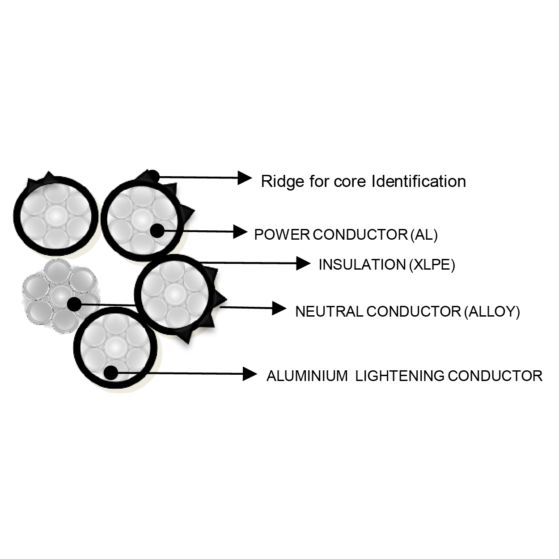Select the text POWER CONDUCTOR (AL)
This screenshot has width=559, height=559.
pyautogui.click(x=346, y=234)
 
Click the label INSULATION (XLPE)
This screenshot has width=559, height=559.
pyautogui.click(x=386, y=265)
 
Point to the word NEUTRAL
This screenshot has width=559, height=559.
pyautogui.click(x=329, y=311)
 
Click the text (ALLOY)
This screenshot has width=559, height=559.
pyautogui.click(x=492, y=311)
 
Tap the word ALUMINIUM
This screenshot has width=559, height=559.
pyautogui.click(x=307, y=376)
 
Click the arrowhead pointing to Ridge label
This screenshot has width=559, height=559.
pyautogui.click(x=244, y=178)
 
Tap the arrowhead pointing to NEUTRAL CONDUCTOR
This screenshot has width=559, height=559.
pyautogui.click(x=279, y=308)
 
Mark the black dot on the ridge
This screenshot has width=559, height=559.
pyautogui.click(x=152, y=176)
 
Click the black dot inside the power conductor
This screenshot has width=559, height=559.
pyautogui.click(x=157, y=230)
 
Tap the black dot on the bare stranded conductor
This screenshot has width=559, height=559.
pyautogui.click(x=74, y=304)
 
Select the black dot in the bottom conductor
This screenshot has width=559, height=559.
pyautogui.click(x=110, y=372)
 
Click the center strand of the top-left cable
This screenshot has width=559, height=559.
pyautogui.click(x=55, y=214)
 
